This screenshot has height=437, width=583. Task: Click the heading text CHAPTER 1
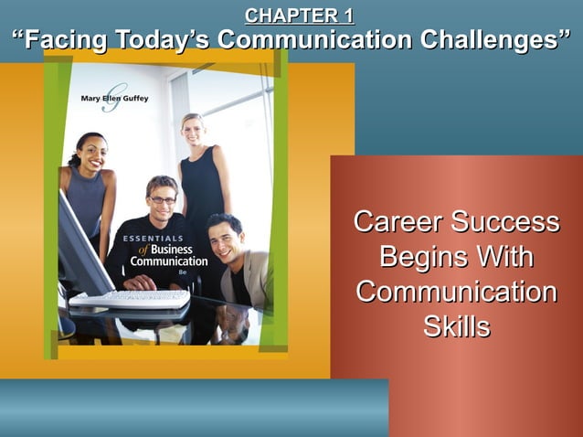pos(299,16)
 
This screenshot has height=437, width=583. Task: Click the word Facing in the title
pos(64,41)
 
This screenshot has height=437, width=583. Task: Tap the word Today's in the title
pos(161,41)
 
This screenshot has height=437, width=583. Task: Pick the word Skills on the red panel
pos(457,327)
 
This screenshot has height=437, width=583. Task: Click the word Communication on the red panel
pos(456,293)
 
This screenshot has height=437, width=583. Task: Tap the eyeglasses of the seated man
pos(162,199)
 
